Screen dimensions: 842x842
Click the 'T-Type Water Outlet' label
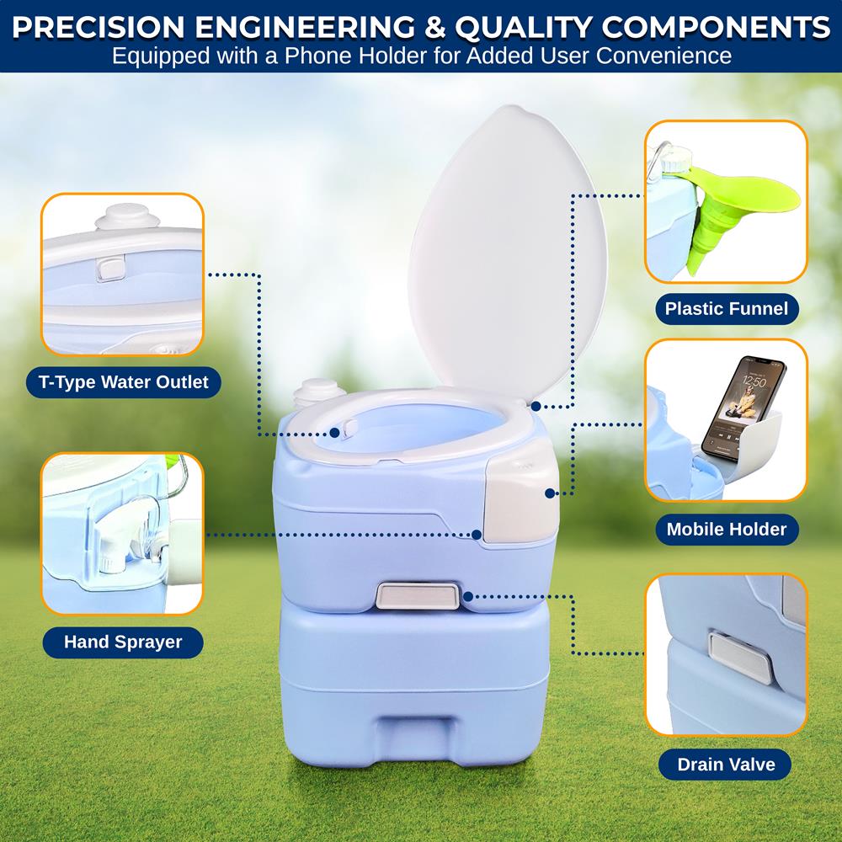(x=123, y=382)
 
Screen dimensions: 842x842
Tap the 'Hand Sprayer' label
(x=123, y=642)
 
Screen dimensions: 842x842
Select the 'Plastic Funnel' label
(x=726, y=309)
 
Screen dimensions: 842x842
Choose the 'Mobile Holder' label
(x=726, y=530)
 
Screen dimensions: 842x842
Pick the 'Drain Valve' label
(x=726, y=765)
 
